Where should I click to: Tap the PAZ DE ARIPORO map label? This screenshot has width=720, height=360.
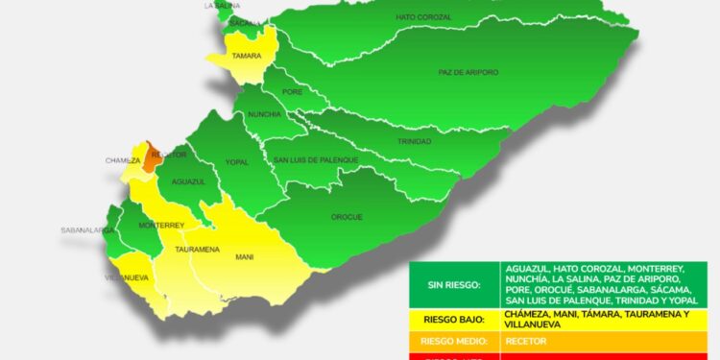click(465, 72)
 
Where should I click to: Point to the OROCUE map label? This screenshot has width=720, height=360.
click(347, 217)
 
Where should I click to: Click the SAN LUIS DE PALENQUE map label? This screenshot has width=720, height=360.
click(316, 159)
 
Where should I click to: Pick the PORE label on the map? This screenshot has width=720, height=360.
click(292, 92)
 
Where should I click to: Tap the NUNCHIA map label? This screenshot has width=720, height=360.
click(264, 114)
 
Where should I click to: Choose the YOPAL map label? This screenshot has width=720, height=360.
click(236, 162)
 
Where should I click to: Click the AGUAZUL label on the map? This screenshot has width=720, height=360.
click(189, 181)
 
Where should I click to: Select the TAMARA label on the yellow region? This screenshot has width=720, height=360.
click(247, 56)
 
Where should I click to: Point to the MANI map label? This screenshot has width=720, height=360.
click(244, 257)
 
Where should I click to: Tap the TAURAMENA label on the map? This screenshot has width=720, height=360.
click(196, 249)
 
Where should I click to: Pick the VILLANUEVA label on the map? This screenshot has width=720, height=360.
click(127, 277)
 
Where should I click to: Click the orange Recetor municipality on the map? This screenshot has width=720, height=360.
click(150, 158)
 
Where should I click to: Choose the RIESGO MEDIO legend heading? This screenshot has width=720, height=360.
click(451, 341)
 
